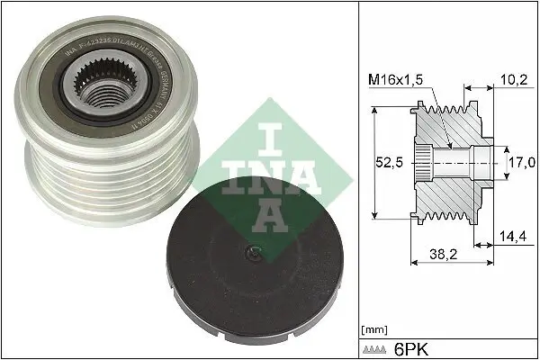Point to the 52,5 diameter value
click(389, 162)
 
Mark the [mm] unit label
click(372, 329)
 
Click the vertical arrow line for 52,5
click(371, 162)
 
